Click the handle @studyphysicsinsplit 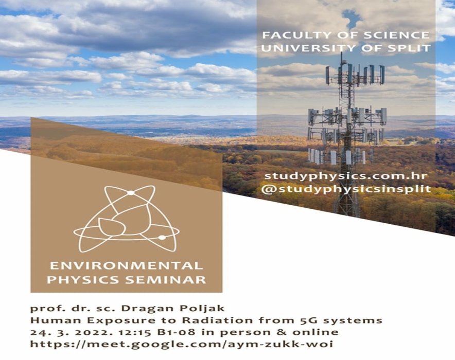pos(345,189)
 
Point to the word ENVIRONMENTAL pos(126,266)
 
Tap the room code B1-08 pos(176,332)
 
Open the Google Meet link pos(182,345)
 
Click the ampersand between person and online pos(281,332)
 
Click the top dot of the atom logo pos(131,193)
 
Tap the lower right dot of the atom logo pos(162,238)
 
